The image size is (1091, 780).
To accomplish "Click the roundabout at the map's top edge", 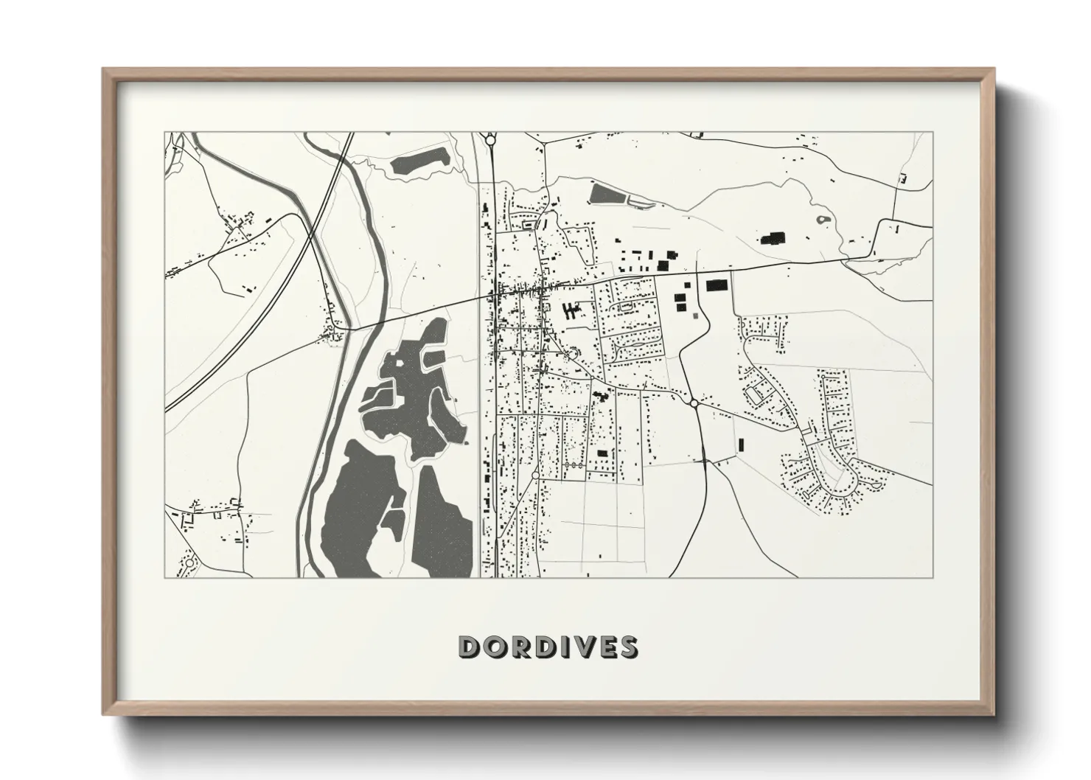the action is click(x=489, y=139).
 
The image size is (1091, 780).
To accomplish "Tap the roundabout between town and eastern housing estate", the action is click(x=694, y=403).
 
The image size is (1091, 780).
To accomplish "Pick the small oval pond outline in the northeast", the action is click(x=822, y=219).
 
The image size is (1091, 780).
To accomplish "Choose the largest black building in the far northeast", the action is click(x=773, y=237).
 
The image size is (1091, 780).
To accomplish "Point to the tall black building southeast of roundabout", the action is click(x=741, y=444).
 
